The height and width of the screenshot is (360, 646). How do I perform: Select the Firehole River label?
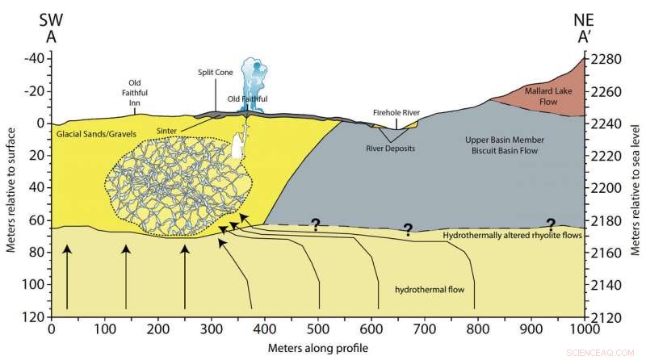(x=396, y=112)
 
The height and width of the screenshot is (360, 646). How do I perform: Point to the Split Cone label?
(x=215, y=72)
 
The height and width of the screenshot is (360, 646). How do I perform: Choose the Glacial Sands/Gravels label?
(x=90, y=132)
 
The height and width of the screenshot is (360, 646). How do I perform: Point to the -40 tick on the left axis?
(x=32, y=59)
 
